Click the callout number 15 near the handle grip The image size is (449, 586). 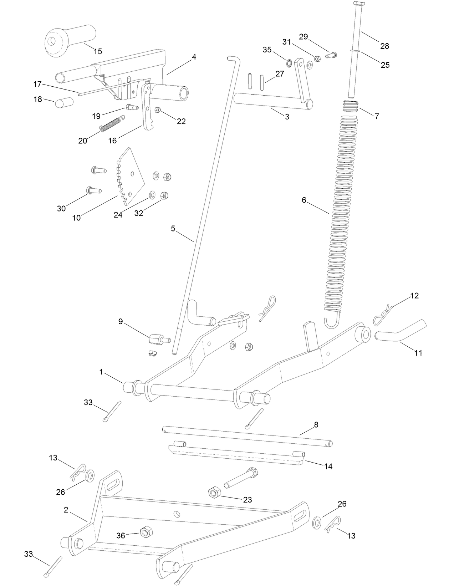[97, 51]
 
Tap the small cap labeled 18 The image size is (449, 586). [64, 103]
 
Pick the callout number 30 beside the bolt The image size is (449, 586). [61, 209]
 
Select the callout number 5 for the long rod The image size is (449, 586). [173, 229]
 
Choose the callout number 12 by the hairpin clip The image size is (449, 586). [414, 296]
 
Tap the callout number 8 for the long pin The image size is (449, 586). [316, 425]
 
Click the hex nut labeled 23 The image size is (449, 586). [214, 493]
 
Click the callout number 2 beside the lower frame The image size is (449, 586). [66, 510]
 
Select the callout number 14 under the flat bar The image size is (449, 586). [328, 466]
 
